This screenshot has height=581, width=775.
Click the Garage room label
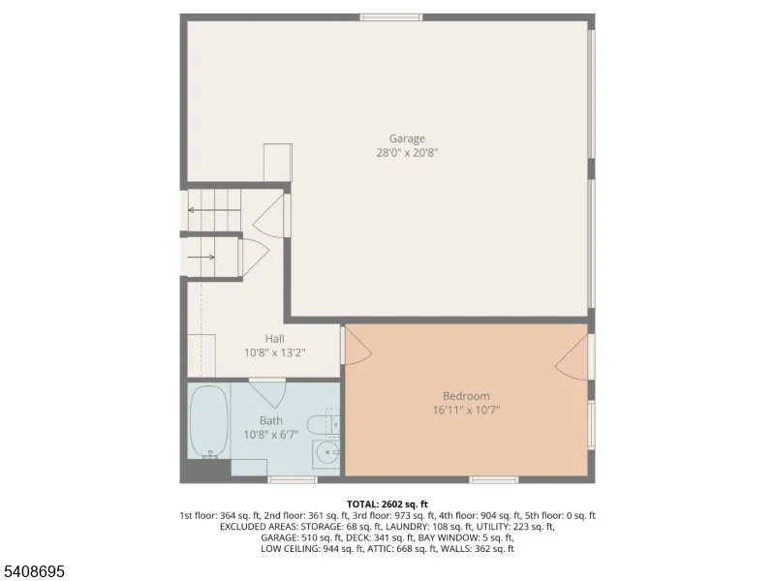407,138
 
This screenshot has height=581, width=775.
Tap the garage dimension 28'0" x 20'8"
407,153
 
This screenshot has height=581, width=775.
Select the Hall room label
274,338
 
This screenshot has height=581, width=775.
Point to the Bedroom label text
466,396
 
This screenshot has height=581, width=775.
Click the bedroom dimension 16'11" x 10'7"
467,410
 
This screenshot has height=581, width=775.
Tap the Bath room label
271,420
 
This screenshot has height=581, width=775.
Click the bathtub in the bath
209,422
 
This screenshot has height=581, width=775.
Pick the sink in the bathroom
326,451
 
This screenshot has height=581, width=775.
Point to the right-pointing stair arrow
201,257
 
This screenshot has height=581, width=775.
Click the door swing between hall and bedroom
357,345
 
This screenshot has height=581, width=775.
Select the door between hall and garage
270,216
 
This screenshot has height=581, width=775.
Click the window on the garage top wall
391,17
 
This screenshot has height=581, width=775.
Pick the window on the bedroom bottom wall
493,479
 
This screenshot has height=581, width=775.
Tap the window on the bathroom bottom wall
293,479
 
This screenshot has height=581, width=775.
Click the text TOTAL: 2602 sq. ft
387,505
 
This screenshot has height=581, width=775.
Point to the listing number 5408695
33,571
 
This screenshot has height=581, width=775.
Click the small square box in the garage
278,163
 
